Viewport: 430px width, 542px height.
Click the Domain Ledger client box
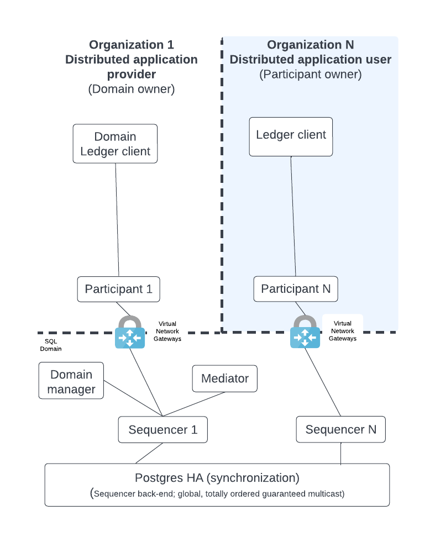(x=115, y=144)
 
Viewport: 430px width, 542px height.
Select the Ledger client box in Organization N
(x=291, y=136)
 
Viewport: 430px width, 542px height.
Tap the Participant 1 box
(x=118, y=289)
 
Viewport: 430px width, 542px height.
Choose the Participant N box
(x=296, y=289)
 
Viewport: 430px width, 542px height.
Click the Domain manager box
(x=71, y=382)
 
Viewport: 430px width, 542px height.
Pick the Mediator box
(x=224, y=378)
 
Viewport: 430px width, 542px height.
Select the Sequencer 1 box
(x=162, y=430)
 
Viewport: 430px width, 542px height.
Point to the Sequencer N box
(x=340, y=430)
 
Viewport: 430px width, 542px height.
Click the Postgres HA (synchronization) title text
(x=217, y=477)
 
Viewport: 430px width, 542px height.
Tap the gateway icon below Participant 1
(x=130, y=333)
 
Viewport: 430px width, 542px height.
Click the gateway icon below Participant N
(x=305, y=333)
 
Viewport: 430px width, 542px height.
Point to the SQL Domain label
(x=51, y=345)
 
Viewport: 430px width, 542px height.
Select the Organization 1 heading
(x=131, y=45)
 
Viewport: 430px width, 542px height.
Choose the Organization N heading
(x=310, y=45)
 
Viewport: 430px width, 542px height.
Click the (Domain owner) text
(x=131, y=89)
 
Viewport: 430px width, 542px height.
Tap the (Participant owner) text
(x=310, y=75)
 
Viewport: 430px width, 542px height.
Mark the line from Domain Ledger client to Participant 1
(x=118, y=221)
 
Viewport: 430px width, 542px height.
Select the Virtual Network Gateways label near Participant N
(x=343, y=331)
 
